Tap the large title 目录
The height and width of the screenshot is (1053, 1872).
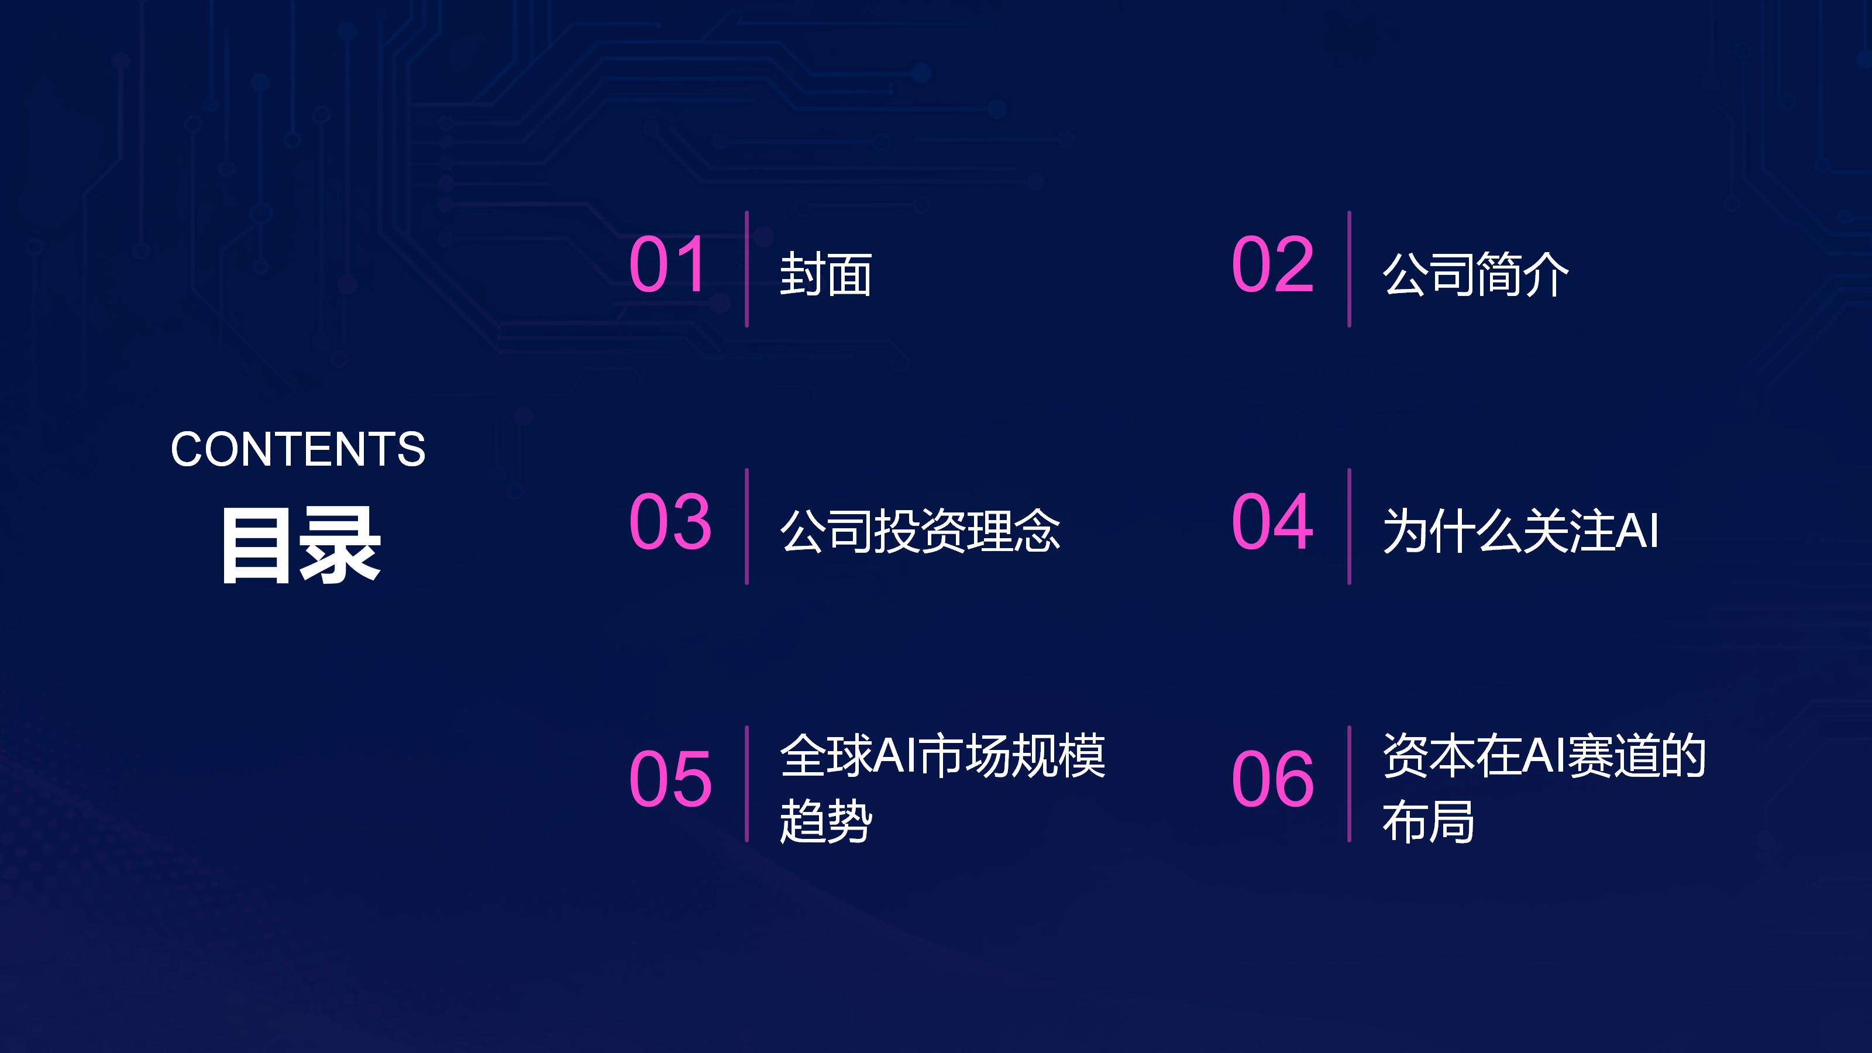pyautogui.click(x=301, y=545)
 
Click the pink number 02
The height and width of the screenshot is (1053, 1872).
pyautogui.click(x=1272, y=264)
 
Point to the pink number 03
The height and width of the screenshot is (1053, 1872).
pyautogui.click(x=670, y=521)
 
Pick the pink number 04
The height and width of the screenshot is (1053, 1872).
pyautogui.click(x=1272, y=521)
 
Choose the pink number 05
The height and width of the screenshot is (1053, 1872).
pyautogui.click(x=670, y=779)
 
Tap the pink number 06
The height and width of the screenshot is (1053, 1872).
pyautogui.click(x=1272, y=779)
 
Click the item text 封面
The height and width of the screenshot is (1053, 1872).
pyautogui.click(x=825, y=275)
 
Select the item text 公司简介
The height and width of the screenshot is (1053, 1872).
pyautogui.click(x=1475, y=275)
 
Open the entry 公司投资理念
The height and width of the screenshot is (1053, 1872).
pyautogui.click(x=920, y=531)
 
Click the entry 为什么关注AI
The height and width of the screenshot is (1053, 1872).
pyautogui.click(x=1520, y=531)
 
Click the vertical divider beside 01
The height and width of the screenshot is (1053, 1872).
pyautogui.click(x=746, y=269)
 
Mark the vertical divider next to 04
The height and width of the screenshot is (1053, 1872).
pyautogui.click(x=1349, y=526)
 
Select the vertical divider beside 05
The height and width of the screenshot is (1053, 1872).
pyautogui.click(x=746, y=784)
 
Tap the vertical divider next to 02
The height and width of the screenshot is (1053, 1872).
pyautogui.click(x=1349, y=269)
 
